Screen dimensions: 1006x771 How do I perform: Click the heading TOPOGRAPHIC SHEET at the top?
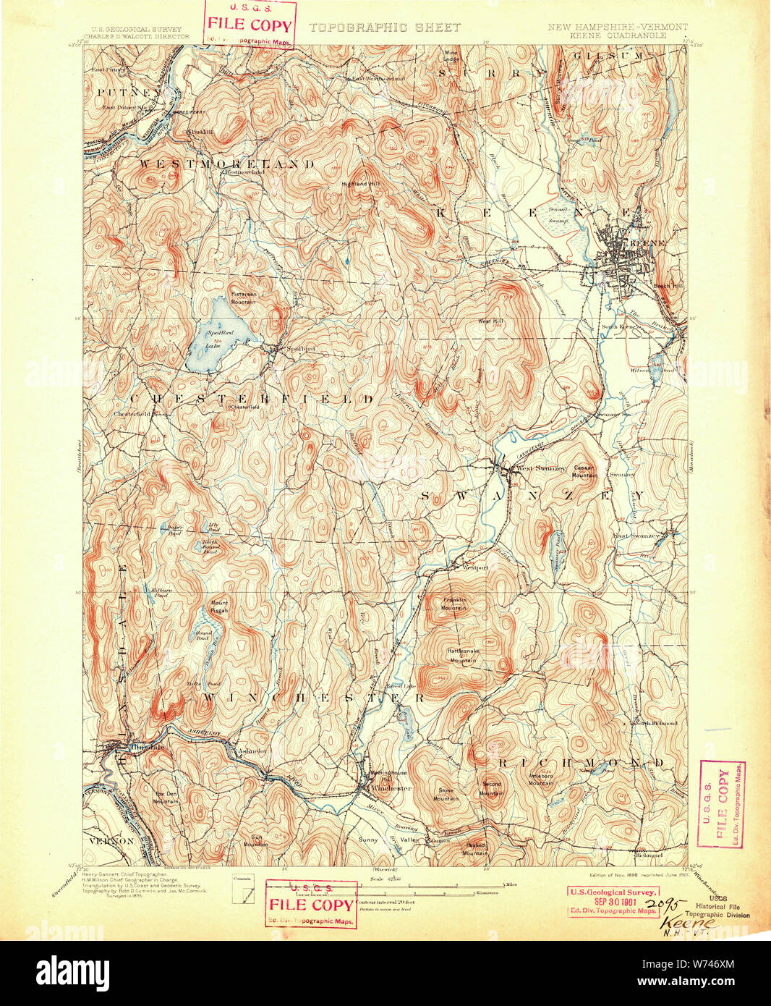(384, 28)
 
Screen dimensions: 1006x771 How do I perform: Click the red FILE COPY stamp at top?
(250, 25)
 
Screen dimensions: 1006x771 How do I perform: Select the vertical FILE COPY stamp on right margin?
(723, 804)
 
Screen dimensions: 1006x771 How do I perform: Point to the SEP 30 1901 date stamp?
(613, 902)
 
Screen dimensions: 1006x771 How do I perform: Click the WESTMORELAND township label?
(226, 164)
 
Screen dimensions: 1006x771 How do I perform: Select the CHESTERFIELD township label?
(251, 399)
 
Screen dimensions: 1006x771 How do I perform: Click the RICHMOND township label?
(579, 764)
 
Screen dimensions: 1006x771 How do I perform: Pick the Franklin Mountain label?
(453, 604)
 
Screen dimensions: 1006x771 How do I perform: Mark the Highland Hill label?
(360, 184)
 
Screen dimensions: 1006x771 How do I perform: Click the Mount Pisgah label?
(218, 606)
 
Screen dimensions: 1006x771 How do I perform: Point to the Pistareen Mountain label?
(243, 297)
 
